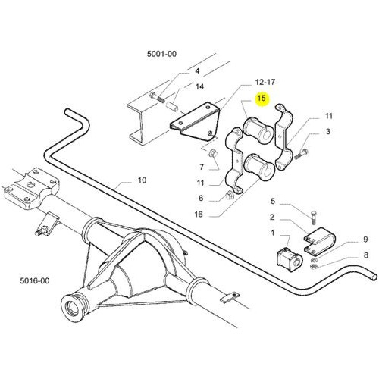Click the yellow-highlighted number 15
click(x=262, y=98)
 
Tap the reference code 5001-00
click(x=161, y=54)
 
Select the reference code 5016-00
click(x=35, y=280)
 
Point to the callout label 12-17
click(x=265, y=82)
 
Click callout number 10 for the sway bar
click(x=142, y=180)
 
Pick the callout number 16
click(x=199, y=215)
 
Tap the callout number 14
click(x=199, y=86)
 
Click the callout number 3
click(x=327, y=131)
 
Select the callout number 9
click(x=365, y=239)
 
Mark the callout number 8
click(x=365, y=255)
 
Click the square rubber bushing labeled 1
click(x=289, y=259)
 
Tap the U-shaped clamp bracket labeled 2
click(x=319, y=240)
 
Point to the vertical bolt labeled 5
click(x=313, y=217)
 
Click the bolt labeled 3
click(x=301, y=154)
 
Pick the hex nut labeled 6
click(x=229, y=196)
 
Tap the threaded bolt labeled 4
click(x=158, y=98)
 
